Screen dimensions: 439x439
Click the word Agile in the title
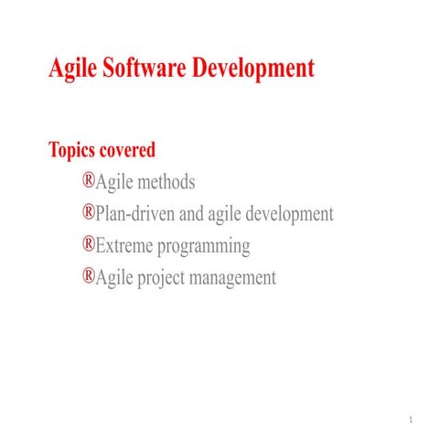pos(75,69)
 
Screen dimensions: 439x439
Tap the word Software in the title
pos(146,69)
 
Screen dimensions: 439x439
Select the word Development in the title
pos(254,69)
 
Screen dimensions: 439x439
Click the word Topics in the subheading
pos(76,150)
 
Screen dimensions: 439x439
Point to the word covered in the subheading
pos(132,150)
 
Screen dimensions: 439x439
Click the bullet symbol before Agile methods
pos(89,181)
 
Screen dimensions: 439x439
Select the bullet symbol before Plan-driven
pos(89,213)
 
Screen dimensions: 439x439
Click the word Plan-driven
pos(136,215)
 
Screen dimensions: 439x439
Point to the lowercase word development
pos(287,216)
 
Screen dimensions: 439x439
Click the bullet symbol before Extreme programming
pos(89,244)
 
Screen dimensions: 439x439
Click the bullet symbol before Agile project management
pos(89,276)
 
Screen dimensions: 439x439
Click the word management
pos(236,279)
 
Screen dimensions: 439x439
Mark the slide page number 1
pos(413,421)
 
